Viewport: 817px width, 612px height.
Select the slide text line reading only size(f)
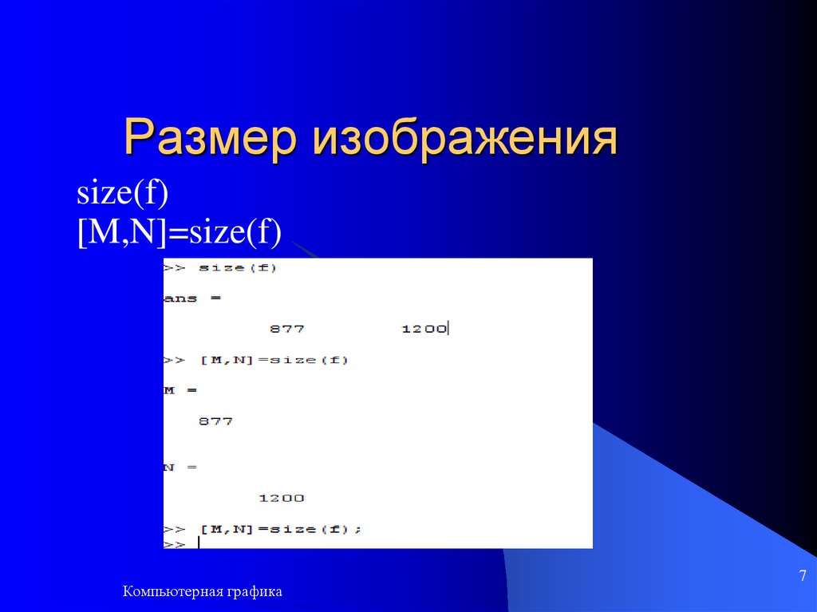pyautogui.click(x=122, y=195)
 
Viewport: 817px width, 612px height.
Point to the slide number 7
pyautogui.click(x=802, y=576)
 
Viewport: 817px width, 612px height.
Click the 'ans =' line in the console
pyautogui.click(x=192, y=298)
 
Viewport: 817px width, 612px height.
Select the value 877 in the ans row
pyautogui.click(x=287, y=329)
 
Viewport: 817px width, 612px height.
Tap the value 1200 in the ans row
pyautogui.click(x=424, y=329)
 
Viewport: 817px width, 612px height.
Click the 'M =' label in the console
pyautogui.click(x=180, y=390)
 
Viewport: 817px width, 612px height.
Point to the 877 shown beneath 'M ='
pyautogui.click(x=215, y=421)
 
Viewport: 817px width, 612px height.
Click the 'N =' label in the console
pyautogui.click(x=180, y=467)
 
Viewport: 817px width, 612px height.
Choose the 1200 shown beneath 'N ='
pyautogui.click(x=281, y=498)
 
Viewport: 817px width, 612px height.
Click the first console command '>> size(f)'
pyautogui.click(x=220, y=268)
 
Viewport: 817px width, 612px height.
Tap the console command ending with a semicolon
pyautogui.click(x=263, y=529)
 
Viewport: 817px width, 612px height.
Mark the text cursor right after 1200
pyautogui.click(x=449, y=328)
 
